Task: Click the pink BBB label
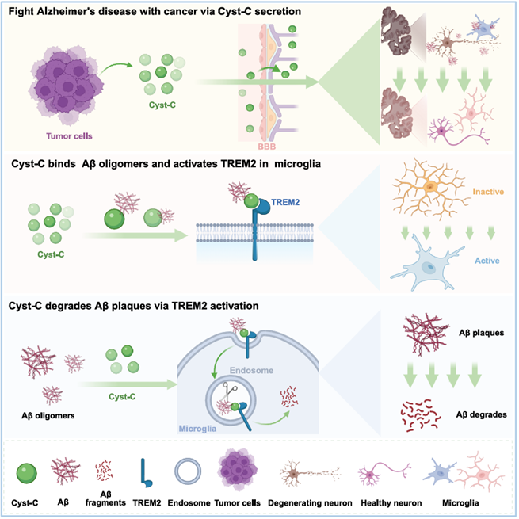click(267, 147)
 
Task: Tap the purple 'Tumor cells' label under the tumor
click(69, 136)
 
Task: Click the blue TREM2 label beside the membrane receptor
click(285, 202)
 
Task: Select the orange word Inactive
click(488, 192)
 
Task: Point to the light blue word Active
click(487, 261)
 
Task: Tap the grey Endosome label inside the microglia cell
click(251, 370)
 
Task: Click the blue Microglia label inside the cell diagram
click(197, 429)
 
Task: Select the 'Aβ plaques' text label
click(481, 333)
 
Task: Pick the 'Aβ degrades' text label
click(481, 414)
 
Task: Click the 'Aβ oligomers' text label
click(48, 415)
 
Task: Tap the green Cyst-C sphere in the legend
click(26, 473)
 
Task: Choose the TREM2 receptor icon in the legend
click(146, 473)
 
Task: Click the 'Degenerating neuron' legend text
click(310, 503)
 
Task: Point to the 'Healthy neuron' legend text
click(391, 503)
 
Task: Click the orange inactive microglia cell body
click(430, 187)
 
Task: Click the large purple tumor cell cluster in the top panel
click(67, 86)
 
